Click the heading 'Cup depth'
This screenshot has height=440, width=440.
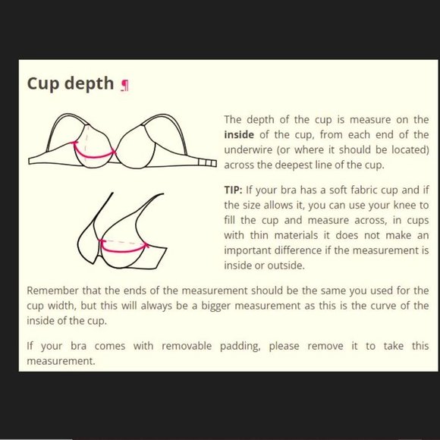point(70,83)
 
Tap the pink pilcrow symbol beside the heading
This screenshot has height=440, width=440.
point(124,85)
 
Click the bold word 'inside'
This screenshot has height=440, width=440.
point(239,135)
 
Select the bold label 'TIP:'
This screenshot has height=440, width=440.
point(233,190)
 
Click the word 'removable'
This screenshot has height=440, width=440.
point(187,346)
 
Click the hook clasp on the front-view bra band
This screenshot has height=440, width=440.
point(207,163)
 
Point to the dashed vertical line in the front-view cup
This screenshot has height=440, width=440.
point(86,143)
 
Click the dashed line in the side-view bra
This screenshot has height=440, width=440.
point(124,242)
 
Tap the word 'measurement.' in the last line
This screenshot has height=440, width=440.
point(61,361)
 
